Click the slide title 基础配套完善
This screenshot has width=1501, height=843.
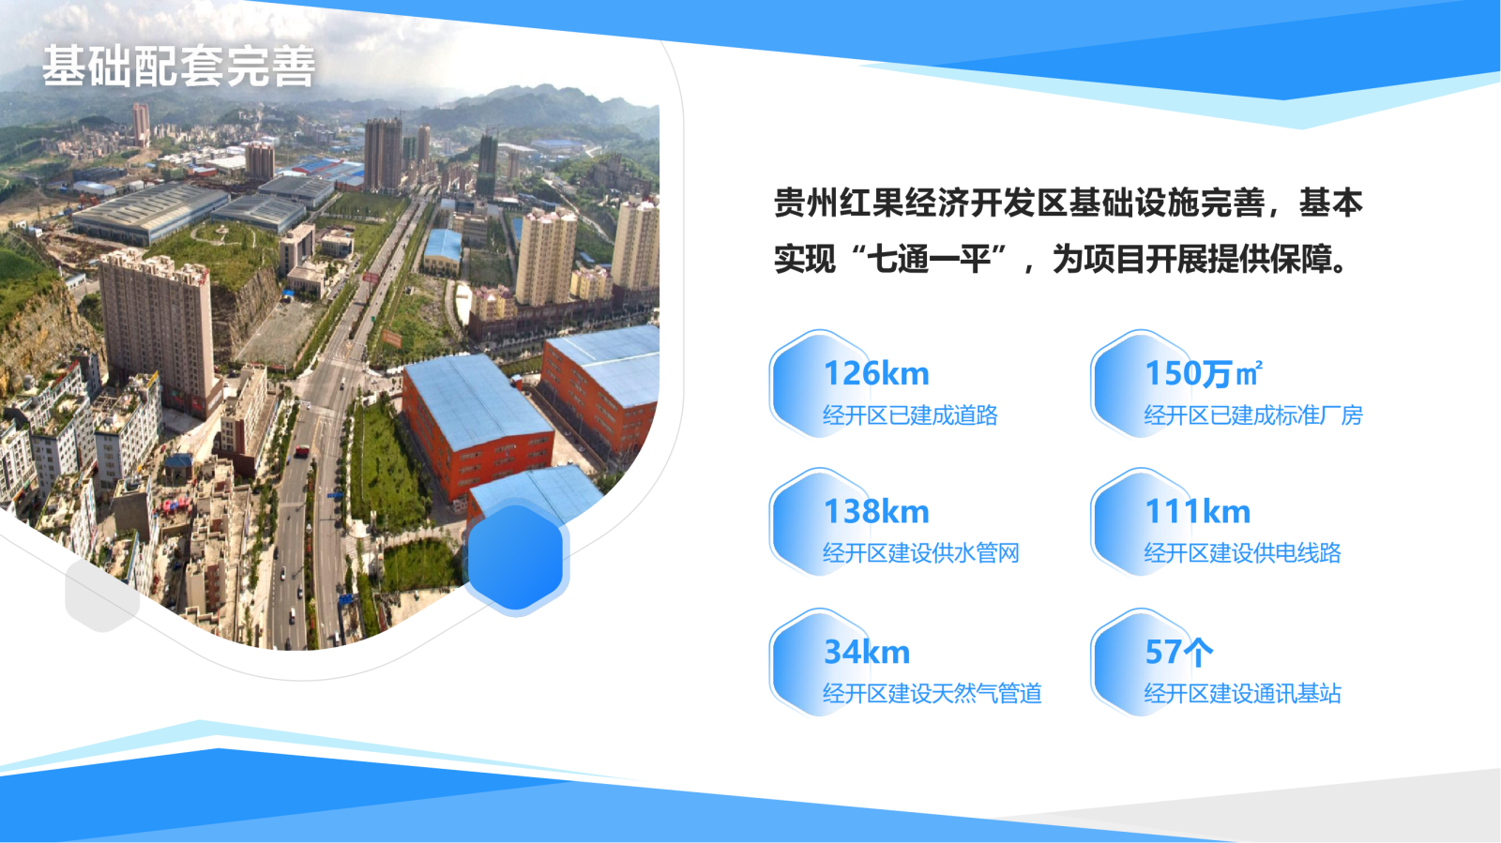179,67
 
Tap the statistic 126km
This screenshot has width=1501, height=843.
876,373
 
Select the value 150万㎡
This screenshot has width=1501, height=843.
1205,373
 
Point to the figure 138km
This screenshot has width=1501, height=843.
876,512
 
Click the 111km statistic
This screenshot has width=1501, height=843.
1198,512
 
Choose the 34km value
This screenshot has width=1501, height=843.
867,652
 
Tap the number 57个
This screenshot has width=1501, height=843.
1179,652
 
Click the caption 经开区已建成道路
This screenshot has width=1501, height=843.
911,415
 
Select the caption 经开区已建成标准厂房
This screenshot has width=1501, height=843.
1253,415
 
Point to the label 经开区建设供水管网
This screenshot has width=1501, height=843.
921,554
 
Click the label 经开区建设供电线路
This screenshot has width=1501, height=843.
1243,554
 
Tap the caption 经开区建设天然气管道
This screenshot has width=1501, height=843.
932,694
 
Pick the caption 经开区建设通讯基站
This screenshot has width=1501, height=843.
1243,694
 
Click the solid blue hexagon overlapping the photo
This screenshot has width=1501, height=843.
515,558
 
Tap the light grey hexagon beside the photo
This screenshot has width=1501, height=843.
102,595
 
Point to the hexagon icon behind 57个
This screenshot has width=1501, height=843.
1139,662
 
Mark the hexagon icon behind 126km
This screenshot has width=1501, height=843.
818,384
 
